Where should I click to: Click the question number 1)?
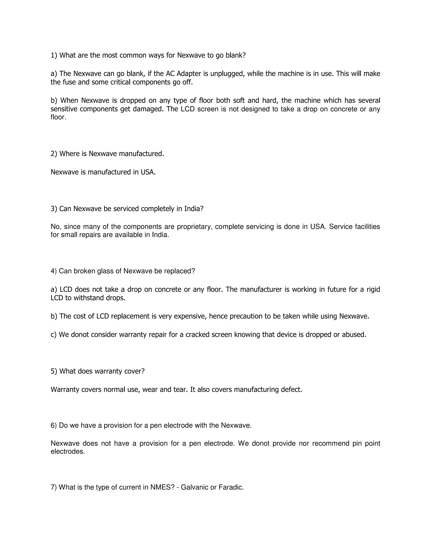click(x=54, y=55)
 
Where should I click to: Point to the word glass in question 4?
click(x=105, y=271)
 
